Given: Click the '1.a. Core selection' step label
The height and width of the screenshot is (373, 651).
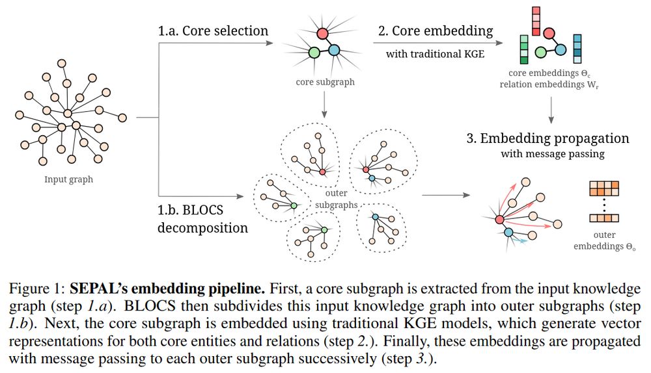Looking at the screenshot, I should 212,31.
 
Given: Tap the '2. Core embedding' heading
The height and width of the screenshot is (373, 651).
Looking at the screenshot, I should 436,30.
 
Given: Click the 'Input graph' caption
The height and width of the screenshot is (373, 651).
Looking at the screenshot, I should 68,179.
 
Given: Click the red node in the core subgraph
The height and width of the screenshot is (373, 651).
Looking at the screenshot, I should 322,32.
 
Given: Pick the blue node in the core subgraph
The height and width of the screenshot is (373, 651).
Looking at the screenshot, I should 335,50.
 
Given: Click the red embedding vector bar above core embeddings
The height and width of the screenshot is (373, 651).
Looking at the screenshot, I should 536,20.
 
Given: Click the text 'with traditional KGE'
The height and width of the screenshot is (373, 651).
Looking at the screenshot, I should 435,54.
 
